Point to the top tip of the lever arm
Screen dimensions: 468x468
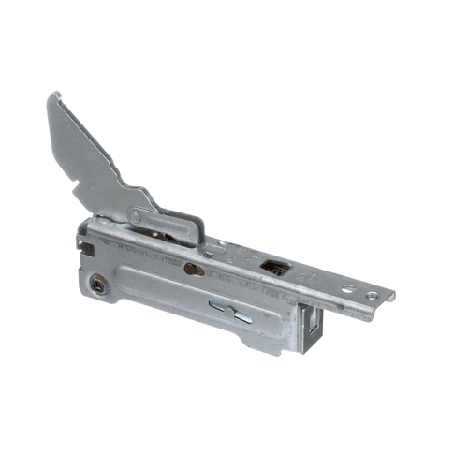[54, 95]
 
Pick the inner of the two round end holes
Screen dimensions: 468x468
[348, 288]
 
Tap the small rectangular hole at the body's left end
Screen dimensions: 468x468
[87, 245]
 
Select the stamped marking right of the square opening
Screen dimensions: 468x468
[301, 278]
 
